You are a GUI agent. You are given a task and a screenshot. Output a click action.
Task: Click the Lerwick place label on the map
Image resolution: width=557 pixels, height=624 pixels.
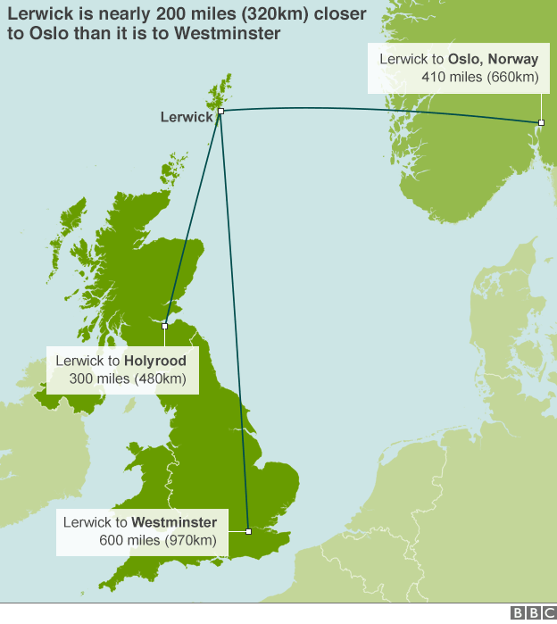pyautogui.click(x=187, y=117)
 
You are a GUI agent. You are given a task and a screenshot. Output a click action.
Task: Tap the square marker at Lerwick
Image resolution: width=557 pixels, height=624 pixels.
pyautogui.click(x=220, y=112)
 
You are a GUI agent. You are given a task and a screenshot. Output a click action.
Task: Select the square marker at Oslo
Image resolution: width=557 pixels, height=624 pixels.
pyautogui.click(x=541, y=122)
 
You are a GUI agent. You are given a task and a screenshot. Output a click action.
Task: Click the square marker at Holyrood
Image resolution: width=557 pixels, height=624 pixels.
pyautogui.click(x=165, y=327)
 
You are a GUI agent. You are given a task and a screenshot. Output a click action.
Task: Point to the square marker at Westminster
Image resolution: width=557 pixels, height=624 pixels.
pyautogui.click(x=248, y=531)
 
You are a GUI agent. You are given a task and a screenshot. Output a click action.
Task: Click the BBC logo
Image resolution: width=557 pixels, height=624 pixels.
pyautogui.click(x=532, y=613)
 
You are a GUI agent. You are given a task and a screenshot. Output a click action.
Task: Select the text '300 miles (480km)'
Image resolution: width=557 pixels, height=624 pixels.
pyautogui.click(x=128, y=379)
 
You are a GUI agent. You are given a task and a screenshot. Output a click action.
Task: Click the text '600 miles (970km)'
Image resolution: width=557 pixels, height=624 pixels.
pyautogui.click(x=158, y=540)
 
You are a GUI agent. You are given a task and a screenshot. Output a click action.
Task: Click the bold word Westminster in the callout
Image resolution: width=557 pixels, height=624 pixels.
pyautogui.click(x=179, y=521)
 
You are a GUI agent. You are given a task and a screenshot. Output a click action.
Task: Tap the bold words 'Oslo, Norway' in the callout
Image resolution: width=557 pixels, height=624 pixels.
pyautogui.click(x=493, y=59)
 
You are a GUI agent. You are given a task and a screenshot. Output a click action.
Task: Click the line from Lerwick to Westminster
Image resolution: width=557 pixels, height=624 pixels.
pyautogui.click(x=234, y=321)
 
